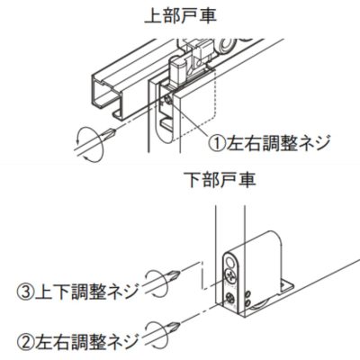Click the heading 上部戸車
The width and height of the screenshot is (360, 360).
180,16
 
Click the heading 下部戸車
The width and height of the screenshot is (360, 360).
220,180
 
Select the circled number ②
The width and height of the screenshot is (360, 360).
26,341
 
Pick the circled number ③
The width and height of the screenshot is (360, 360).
26,292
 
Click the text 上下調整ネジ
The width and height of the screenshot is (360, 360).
87,292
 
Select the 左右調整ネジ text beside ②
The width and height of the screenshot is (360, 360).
87,341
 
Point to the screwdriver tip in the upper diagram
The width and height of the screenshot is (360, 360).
114,131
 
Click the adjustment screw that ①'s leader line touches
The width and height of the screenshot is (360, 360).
168,100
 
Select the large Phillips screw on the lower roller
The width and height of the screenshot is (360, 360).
230,275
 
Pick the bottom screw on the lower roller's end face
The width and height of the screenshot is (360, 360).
230,299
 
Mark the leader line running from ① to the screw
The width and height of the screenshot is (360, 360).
189,120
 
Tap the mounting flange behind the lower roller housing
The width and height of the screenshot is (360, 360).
286,287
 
